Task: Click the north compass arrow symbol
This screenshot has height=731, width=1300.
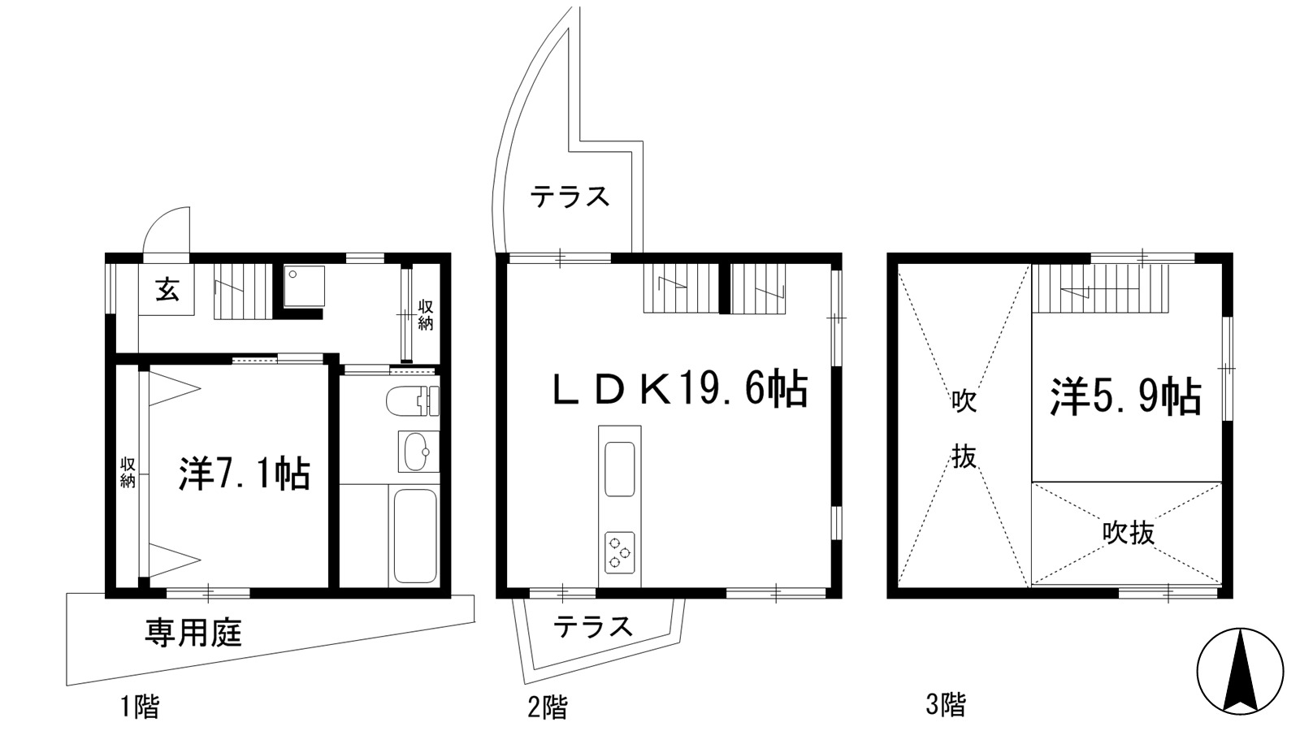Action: (1240, 674)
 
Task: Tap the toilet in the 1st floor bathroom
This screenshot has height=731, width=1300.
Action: (412, 401)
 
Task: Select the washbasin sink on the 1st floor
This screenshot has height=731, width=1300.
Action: (418, 452)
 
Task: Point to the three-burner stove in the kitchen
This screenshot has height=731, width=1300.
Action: (619, 551)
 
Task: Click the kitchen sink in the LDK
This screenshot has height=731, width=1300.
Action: (619, 468)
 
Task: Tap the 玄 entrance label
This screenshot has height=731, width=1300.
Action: (167, 289)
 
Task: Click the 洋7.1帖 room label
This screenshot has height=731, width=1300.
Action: (244, 474)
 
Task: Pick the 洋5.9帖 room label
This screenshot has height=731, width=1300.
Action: (1125, 397)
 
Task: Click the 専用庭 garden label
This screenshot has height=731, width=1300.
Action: (193, 633)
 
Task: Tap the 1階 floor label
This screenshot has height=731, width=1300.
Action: (139, 707)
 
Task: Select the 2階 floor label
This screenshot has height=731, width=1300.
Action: (548, 707)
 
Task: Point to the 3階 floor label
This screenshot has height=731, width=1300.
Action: (946, 705)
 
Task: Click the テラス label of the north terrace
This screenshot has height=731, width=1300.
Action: (570, 197)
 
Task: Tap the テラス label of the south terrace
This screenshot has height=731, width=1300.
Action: (592, 626)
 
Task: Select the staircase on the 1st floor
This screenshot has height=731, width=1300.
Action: (243, 292)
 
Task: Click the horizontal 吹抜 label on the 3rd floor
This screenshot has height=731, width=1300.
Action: (1129, 532)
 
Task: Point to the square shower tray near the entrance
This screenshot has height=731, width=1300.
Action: (305, 286)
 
